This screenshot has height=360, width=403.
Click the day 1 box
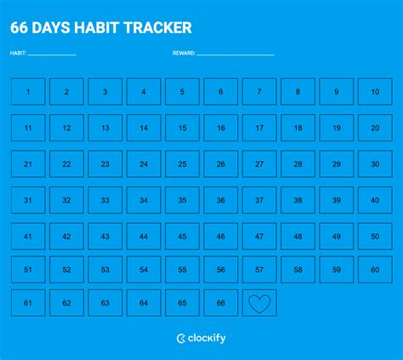[x=28, y=92]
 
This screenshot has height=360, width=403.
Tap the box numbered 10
[x=375, y=92]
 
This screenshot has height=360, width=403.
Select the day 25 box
[x=182, y=163]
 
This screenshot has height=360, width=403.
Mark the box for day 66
[x=221, y=302]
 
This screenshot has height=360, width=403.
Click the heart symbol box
[x=259, y=302]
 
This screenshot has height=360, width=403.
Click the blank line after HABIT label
[x=53, y=54]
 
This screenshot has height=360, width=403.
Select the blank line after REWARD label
[x=236, y=54]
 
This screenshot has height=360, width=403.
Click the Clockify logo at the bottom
[x=201, y=339]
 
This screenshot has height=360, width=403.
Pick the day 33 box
[x=105, y=200]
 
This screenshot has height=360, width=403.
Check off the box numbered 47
[x=259, y=236]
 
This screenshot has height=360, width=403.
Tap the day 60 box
[x=375, y=270]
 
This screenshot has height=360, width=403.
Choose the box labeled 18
[x=298, y=128]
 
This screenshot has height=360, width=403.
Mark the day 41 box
[x=28, y=236]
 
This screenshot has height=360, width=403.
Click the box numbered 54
[x=144, y=270]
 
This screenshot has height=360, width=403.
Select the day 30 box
[x=375, y=163]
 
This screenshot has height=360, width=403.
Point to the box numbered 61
[x=28, y=302]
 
